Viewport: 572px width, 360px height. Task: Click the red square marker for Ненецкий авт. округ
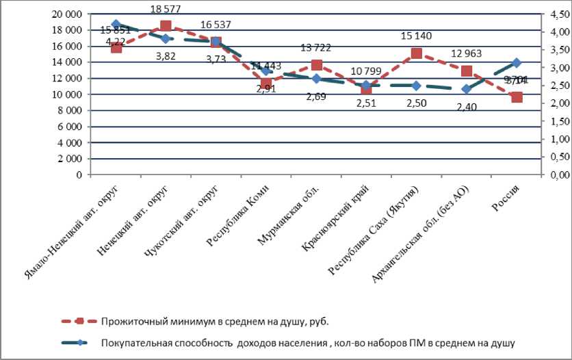point(166,26)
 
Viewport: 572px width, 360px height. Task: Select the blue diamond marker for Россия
point(517,63)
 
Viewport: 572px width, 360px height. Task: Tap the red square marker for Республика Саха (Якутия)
point(416,53)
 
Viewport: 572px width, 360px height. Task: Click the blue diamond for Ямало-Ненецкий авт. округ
point(116,24)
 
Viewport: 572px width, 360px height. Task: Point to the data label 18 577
point(165,9)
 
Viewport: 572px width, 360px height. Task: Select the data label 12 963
point(467,54)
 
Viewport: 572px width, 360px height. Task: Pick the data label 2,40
point(467,106)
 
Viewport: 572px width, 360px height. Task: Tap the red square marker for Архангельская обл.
point(467,71)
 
